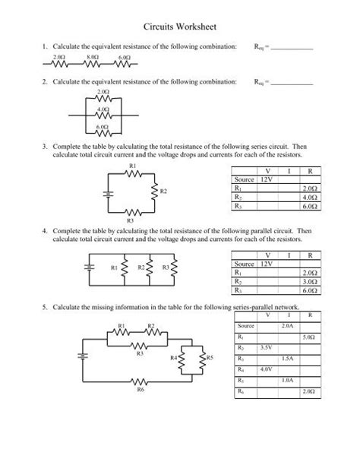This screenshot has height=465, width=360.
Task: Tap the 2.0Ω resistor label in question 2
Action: coord(104,91)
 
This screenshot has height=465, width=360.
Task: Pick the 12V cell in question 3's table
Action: coord(267,180)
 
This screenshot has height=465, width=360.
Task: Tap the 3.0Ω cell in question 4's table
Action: coord(309,282)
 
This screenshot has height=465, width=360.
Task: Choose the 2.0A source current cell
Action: coord(287,324)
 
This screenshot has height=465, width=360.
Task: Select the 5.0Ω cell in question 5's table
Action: coord(309,336)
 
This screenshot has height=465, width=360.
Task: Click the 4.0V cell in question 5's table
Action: coord(266,369)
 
